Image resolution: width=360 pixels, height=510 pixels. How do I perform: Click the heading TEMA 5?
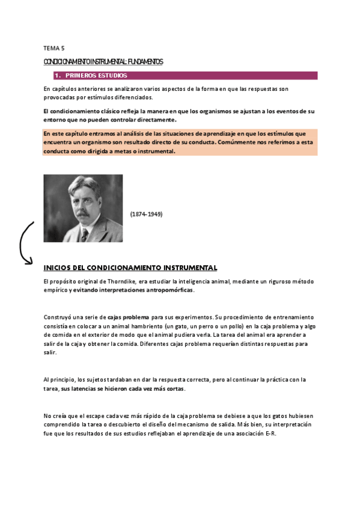tap(53, 48)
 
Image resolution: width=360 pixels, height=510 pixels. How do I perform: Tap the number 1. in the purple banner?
tap(58, 76)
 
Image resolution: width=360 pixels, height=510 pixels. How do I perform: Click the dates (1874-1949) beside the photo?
tap(146, 214)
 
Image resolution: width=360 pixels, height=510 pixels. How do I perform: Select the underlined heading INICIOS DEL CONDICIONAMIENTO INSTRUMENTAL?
tap(130, 268)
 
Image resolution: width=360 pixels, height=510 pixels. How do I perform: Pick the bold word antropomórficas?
tap(169, 290)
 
